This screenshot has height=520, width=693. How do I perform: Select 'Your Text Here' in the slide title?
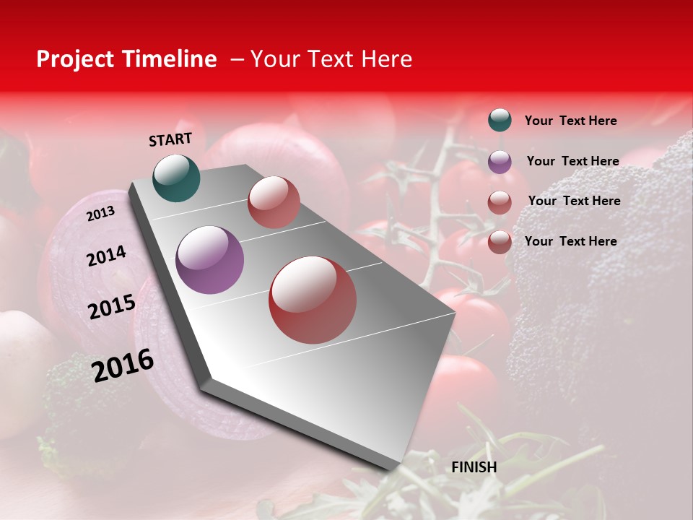(331, 59)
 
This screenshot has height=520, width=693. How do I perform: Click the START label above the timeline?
(170, 139)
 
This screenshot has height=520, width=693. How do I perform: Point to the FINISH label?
(474, 467)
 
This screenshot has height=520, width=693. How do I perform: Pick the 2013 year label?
(100, 214)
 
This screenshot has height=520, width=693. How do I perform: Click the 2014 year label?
(106, 256)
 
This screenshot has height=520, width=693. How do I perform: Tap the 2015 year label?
(112, 307)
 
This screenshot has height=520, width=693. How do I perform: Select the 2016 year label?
(123, 365)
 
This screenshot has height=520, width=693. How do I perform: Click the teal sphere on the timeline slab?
(177, 178)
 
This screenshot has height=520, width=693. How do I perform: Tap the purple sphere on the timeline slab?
(210, 260)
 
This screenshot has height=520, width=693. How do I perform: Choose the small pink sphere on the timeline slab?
(274, 202)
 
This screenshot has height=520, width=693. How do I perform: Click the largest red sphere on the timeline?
(313, 300)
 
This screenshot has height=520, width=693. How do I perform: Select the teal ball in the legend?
(500, 120)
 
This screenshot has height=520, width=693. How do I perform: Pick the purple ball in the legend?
(500, 162)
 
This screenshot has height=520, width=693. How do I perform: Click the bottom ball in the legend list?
(500, 242)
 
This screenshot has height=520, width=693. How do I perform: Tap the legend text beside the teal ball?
(570, 121)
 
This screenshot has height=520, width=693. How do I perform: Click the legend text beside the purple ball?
(572, 161)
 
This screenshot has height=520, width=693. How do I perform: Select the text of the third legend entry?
(574, 201)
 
